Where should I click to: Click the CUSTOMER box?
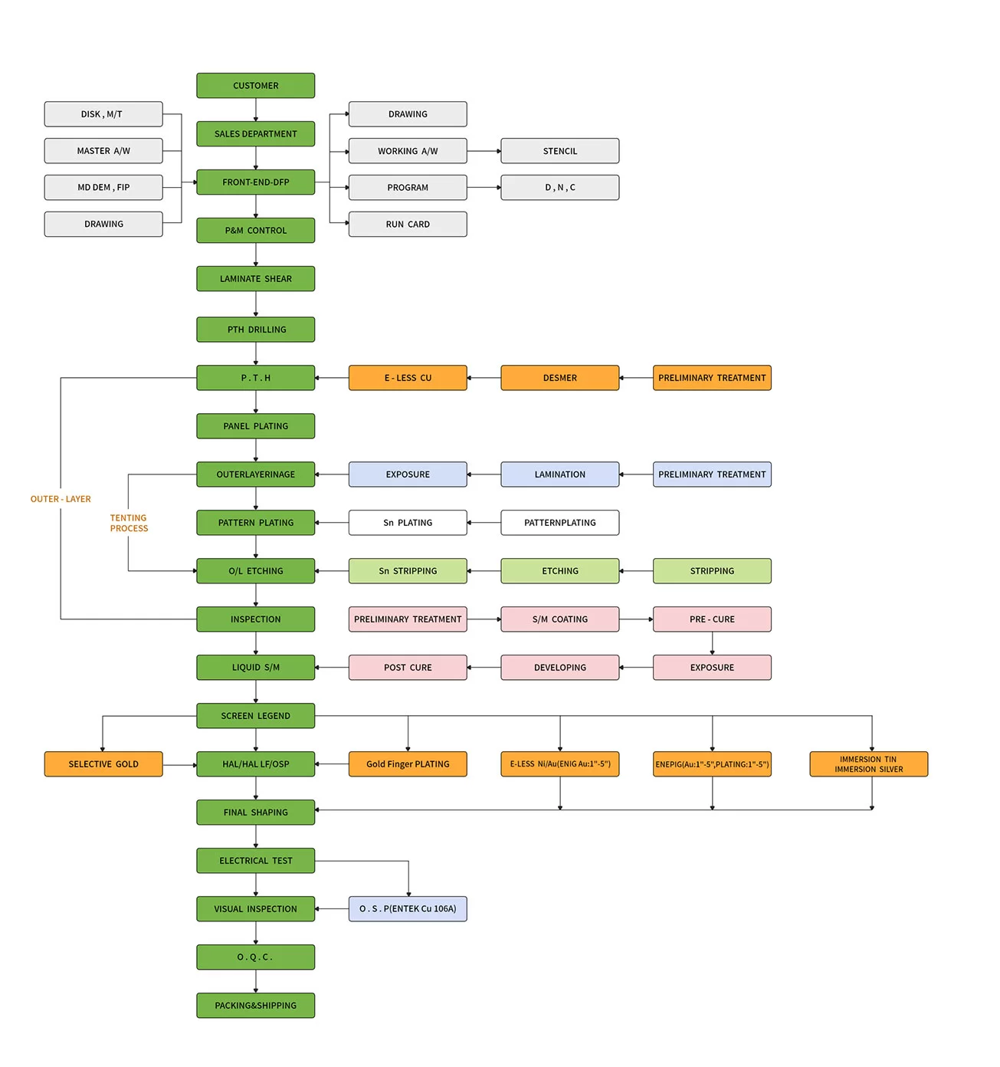tap(255, 86)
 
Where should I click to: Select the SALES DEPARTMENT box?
tap(255, 134)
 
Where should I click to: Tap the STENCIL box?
tap(559, 151)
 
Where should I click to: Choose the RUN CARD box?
tap(408, 225)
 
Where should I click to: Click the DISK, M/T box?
tap(103, 114)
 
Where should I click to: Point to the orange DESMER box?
tap(559, 378)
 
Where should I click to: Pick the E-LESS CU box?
tap(408, 378)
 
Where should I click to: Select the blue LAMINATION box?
tap(559, 474)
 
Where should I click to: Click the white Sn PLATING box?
tap(408, 523)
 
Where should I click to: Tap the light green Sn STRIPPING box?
tap(408, 571)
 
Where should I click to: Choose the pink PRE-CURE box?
tap(712, 619)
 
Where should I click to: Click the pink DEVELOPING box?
tap(559, 668)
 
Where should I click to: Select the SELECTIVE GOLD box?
tap(103, 764)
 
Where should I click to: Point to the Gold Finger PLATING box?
tap(408, 764)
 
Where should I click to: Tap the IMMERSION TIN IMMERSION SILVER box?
tap(868, 764)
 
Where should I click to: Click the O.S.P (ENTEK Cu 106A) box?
tap(408, 909)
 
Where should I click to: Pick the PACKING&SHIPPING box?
tap(255, 1006)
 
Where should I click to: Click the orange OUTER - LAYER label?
tap(61, 499)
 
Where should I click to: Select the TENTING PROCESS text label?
tap(129, 523)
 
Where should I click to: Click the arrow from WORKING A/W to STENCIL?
tap(484, 151)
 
